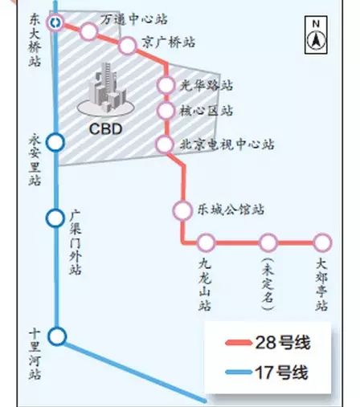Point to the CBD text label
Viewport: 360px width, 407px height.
(x=105, y=129)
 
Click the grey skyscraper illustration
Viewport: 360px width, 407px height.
(x=105, y=90)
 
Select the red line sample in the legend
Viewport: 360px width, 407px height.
(x=238, y=343)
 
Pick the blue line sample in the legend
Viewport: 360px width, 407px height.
(x=238, y=372)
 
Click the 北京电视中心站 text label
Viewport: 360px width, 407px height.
(x=227, y=144)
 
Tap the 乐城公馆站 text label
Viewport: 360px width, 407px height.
(x=231, y=210)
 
